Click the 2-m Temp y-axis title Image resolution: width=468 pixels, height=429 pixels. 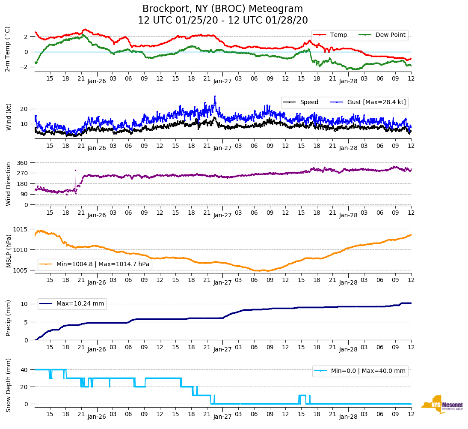8,49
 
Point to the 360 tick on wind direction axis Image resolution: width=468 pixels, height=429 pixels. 23,163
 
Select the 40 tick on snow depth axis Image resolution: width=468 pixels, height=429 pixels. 24,370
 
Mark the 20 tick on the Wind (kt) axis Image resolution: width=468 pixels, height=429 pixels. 24,109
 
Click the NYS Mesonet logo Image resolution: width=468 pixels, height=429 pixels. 442,405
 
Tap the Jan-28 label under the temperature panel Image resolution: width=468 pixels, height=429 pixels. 348,81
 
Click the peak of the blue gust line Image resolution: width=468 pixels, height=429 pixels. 215,96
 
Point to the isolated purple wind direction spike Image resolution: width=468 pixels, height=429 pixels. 75,171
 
